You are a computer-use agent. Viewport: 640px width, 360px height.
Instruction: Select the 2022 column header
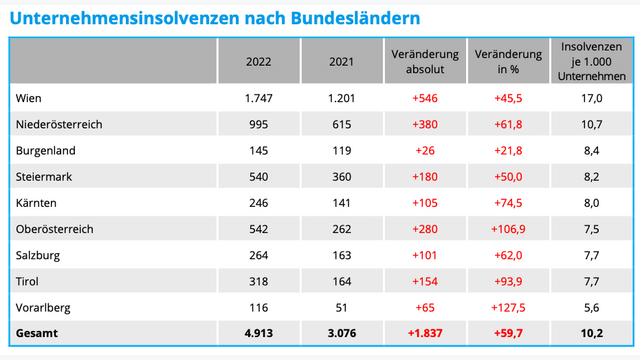pyautogui.click(x=259, y=61)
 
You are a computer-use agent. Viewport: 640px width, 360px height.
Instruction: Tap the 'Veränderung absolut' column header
pyautogui.click(x=425, y=61)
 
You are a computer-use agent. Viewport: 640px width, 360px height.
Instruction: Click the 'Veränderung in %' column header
pyautogui.click(x=508, y=61)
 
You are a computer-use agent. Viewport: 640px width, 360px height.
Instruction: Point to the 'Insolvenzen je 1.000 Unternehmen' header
pyautogui.click(x=592, y=61)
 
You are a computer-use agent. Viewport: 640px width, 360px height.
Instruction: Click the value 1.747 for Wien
pyautogui.click(x=259, y=98)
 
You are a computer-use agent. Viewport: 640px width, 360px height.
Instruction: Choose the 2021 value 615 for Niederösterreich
pyautogui.click(x=342, y=125)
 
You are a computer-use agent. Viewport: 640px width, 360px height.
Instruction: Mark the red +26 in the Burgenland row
pyautogui.click(x=425, y=151)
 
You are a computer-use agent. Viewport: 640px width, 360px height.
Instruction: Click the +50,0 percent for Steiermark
pyautogui.click(x=508, y=177)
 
